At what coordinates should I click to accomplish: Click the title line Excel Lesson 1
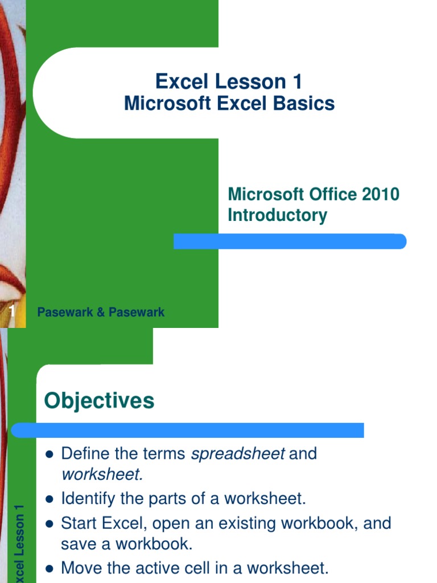click(x=228, y=82)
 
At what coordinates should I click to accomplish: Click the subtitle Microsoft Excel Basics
click(x=229, y=104)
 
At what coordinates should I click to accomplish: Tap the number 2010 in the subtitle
click(x=380, y=194)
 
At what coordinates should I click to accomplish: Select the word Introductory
click(x=277, y=215)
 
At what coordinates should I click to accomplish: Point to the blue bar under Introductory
click(x=290, y=241)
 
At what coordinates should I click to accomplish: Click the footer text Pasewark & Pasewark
click(x=101, y=312)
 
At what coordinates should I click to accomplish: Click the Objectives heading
click(x=99, y=401)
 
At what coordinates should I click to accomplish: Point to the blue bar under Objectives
click(x=188, y=430)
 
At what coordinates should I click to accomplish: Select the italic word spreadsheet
click(x=237, y=454)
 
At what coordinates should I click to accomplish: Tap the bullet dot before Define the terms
click(x=49, y=454)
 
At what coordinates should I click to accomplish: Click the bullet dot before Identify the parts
click(x=49, y=499)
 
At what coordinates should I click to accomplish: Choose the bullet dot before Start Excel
click(x=49, y=523)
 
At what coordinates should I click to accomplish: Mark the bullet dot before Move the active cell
click(x=49, y=568)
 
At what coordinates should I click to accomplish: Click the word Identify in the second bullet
click(x=84, y=499)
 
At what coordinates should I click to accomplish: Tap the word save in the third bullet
click(x=77, y=544)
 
